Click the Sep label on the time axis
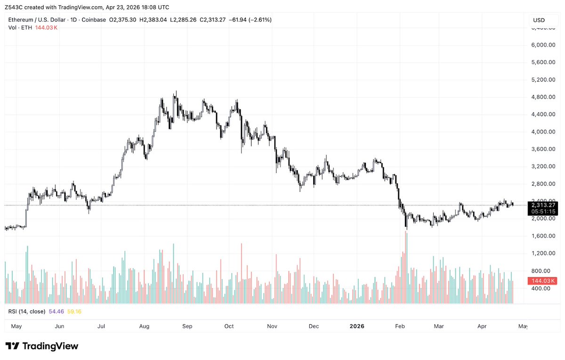point(187,326)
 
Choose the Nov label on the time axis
point(272,326)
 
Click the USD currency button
point(539,20)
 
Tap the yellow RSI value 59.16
point(74,312)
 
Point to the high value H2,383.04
point(151,20)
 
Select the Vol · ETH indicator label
point(20,28)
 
